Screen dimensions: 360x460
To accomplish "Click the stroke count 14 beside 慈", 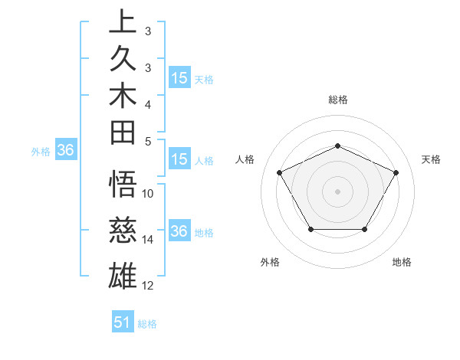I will [148, 240].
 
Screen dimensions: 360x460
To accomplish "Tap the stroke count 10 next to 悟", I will [148, 194].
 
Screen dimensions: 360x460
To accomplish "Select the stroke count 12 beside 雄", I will [148, 286].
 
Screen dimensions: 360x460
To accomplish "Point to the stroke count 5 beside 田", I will [148, 142].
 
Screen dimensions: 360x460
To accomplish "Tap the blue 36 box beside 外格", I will [65, 151].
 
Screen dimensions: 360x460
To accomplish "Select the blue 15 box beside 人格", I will [179, 160].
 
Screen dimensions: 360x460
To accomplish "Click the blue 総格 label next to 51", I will [147, 324].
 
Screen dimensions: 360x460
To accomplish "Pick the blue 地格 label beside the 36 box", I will [204, 233].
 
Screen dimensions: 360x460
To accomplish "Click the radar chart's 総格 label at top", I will [337, 100].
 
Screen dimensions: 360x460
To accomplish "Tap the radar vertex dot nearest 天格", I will [396, 172].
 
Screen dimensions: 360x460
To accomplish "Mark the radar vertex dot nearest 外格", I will [310, 229].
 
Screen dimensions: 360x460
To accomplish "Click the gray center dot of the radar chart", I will [337, 191].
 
